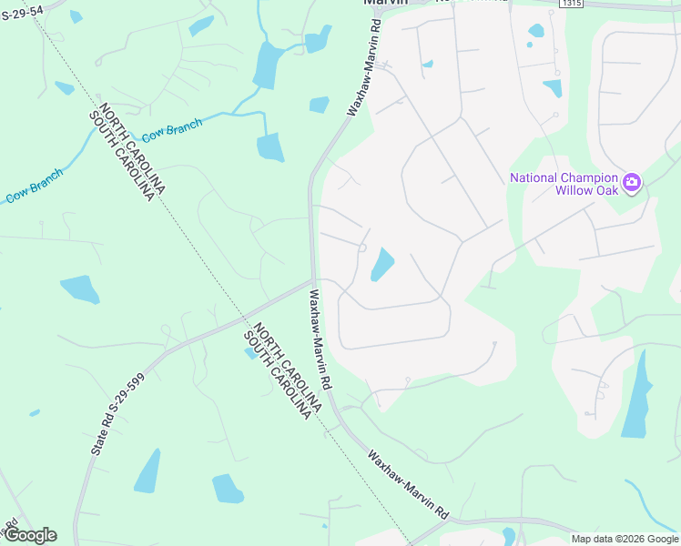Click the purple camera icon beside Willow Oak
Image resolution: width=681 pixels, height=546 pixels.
tap(632, 183)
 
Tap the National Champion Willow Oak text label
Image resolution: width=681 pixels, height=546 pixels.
tap(564, 184)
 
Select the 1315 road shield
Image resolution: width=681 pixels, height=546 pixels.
tap(571, 4)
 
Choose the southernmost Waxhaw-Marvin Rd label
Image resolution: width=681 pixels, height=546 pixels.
tap(409, 484)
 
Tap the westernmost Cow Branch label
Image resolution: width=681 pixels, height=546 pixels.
tap(35, 186)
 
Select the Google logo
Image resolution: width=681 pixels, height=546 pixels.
tap(30, 535)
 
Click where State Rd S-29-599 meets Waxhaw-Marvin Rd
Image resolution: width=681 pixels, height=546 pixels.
tap(314, 280)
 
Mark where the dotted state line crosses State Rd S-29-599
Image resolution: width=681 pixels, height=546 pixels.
tap(244, 319)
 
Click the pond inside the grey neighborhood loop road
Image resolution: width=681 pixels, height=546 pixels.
tap(381, 264)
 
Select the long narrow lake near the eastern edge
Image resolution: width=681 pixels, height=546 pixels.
tap(638, 395)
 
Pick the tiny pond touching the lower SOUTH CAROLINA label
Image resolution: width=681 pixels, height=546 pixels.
tap(250, 353)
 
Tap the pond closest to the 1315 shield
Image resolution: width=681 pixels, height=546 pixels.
tap(536, 30)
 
